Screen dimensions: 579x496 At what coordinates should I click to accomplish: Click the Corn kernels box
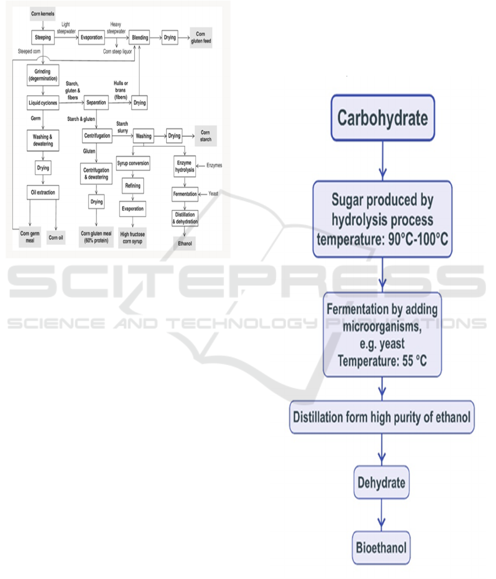coord(42,13)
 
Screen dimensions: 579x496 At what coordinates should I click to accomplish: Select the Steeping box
coord(42,38)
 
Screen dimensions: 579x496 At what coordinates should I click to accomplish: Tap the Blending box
coord(141,38)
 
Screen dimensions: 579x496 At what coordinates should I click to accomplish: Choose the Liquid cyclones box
coord(42,102)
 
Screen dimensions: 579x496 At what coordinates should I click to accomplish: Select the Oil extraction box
coord(42,192)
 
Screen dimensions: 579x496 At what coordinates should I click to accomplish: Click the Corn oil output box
coord(56,238)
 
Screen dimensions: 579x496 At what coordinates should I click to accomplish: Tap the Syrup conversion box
coord(133,164)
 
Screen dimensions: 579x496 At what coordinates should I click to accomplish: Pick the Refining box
coord(133,186)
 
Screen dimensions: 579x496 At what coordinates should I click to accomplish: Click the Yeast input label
coord(214,194)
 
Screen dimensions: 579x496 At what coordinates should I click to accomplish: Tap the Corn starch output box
coord(205,135)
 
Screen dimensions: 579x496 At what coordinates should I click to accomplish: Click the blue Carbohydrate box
coord(383,118)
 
